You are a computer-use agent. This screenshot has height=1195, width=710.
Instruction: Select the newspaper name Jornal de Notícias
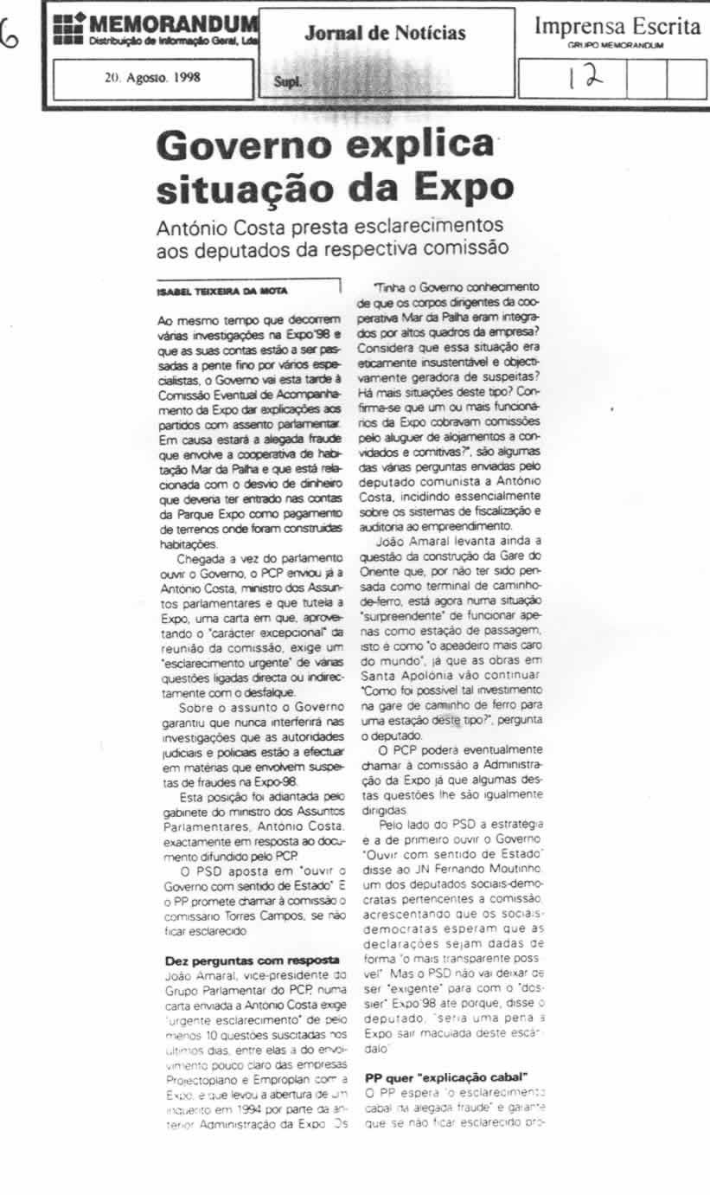click(x=385, y=34)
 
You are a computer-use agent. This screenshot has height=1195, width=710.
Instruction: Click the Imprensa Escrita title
click(x=617, y=26)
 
